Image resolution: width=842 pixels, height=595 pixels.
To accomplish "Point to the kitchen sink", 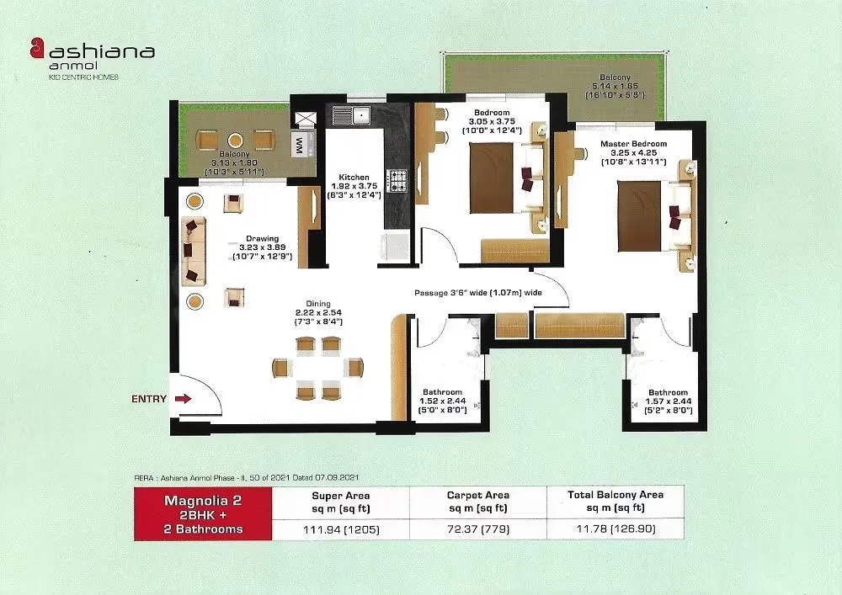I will click(x=351, y=114).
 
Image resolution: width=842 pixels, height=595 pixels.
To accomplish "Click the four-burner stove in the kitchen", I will click(x=396, y=179).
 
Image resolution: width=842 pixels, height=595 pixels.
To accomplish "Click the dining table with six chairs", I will click(x=318, y=368).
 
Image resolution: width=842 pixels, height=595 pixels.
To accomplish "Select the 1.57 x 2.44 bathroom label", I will click(x=668, y=402).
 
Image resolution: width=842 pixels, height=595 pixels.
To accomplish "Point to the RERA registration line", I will click(x=244, y=477).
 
